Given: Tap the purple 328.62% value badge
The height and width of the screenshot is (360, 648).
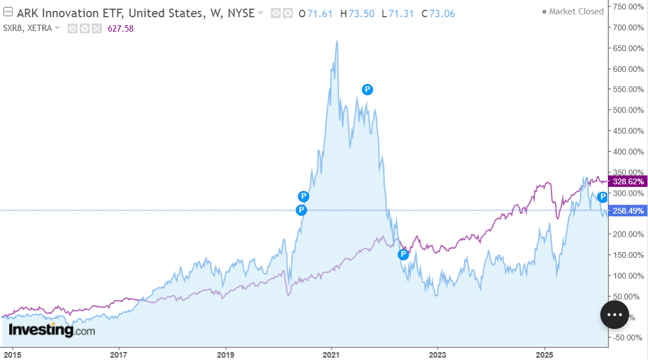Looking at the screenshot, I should click(628, 181).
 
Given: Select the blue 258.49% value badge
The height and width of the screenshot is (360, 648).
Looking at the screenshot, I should click(628, 211).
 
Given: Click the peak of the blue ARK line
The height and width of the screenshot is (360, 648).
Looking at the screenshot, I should click(337, 41).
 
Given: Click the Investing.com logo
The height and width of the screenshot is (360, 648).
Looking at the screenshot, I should click(52, 330).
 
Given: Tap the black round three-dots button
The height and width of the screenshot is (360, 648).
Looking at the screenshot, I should click(615, 315).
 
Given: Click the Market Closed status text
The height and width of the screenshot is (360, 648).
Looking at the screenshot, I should click(576, 11).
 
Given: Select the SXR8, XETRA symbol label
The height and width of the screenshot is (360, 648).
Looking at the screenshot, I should click(28, 29).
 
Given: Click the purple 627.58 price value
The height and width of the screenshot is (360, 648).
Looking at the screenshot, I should click(121, 29).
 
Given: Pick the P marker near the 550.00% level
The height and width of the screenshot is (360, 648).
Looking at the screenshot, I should click(367, 89).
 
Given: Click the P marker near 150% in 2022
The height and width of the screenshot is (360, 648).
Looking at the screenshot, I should click(403, 254).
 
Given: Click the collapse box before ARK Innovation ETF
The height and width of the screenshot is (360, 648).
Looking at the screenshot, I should click(8, 13).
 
